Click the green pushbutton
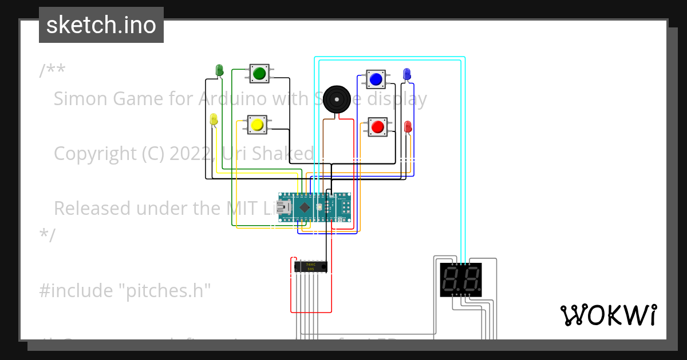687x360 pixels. click(259, 73)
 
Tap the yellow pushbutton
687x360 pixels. click(256, 125)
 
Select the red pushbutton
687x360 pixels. click(377, 126)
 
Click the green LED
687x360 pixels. click(219, 70)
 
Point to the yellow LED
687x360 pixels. click(214, 119)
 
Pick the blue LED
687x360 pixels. click(406, 74)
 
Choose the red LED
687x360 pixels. click(408, 127)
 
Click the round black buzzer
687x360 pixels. click(336, 100)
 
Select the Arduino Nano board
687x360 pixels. click(314, 207)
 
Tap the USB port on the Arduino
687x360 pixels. click(283, 207)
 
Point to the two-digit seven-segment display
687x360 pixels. click(460, 280)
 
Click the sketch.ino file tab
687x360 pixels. click(101, 25)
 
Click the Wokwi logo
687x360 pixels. click(608, 315)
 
